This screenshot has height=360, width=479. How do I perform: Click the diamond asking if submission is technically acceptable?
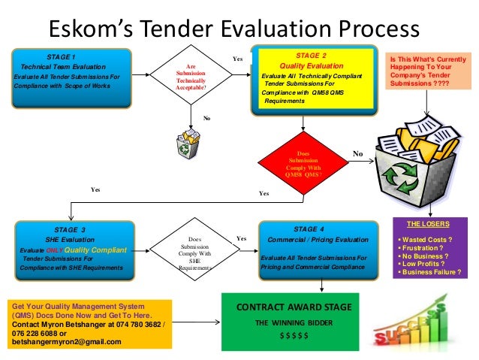[191, 77]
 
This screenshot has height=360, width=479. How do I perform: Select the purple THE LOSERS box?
[429, 249]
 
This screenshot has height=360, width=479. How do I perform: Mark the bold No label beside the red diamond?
[357, 154]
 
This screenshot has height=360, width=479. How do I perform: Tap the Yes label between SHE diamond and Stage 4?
[241, 238]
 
